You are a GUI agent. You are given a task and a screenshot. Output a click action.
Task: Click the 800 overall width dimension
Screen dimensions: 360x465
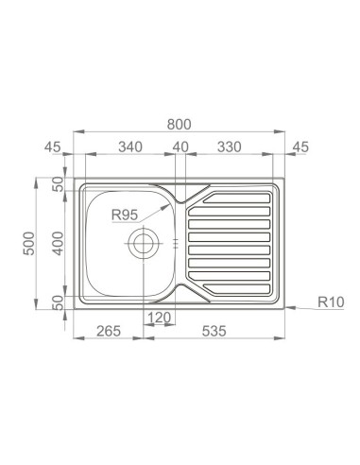[179, 125]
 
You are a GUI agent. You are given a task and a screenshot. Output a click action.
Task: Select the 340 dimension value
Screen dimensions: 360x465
[130, 146]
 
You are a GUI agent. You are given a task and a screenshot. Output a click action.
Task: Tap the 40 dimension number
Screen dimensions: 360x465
[180, 146]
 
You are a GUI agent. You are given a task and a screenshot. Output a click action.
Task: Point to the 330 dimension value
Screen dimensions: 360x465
[230, 146]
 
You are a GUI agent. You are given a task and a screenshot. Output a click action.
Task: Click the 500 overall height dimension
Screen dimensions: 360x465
[29, 244]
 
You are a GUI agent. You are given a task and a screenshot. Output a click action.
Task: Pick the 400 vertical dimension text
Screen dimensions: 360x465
[58, 244]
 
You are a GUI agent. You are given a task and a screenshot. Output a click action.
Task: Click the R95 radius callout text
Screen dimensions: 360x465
[125, 215]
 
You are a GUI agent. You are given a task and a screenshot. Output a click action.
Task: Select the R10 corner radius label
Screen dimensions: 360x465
[331, 302]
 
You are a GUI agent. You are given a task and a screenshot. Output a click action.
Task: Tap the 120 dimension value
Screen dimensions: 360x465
[159, 318]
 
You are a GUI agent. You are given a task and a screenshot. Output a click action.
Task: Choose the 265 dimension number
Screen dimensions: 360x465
[109, 331]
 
